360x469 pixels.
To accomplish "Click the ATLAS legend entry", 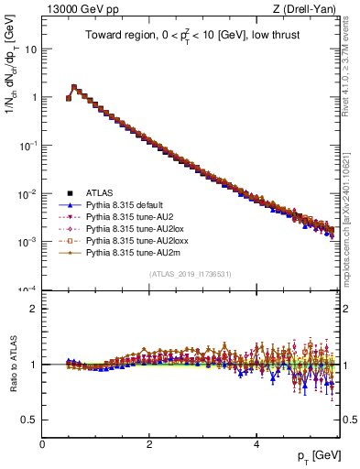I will click(x=100, y=192).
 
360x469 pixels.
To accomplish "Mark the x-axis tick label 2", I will click(x=149, y=443).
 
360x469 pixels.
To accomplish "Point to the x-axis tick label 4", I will click(x=256, y=443).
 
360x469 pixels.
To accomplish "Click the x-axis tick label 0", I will click(x=42, y=443).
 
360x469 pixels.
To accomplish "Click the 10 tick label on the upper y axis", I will click(x=29, y=49).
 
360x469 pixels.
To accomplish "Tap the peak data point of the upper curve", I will click(x=74, y=88).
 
